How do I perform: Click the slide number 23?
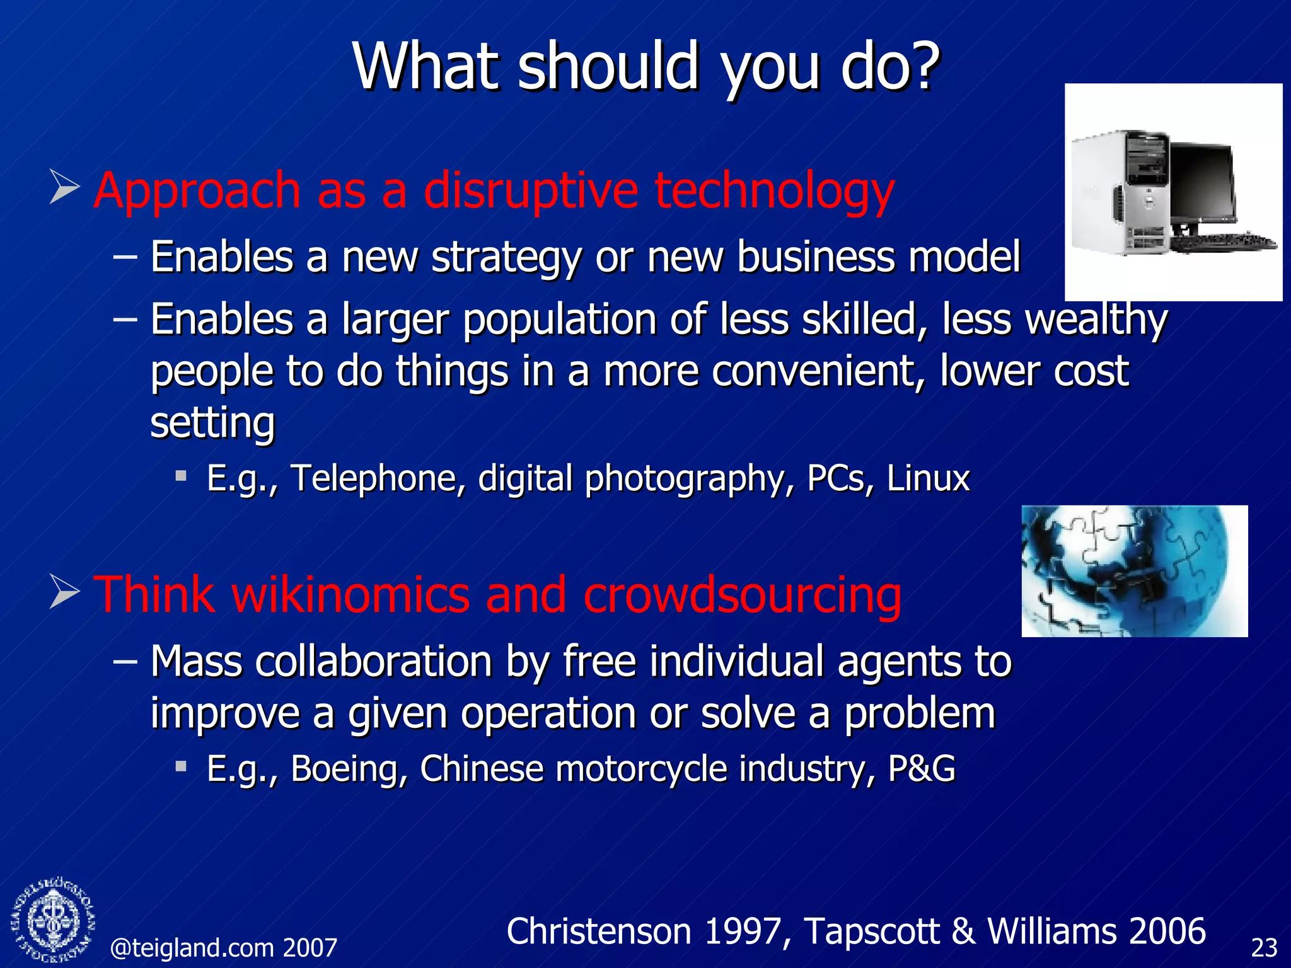[x=1264, y=948]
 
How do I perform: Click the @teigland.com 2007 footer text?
[x=224, y=948]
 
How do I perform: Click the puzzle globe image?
[x=1133, y=571]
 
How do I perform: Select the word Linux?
[x=928, y=478]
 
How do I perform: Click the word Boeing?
[x=349, y=769]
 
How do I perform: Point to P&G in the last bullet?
[x=922, y=769]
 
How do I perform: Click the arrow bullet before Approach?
[x=64, y=187]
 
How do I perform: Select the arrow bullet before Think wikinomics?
[x=64, y=592]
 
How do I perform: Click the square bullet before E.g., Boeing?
[x=182, y=766]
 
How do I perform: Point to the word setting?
[x=212, y=423]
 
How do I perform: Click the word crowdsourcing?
[x=742, y=595]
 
